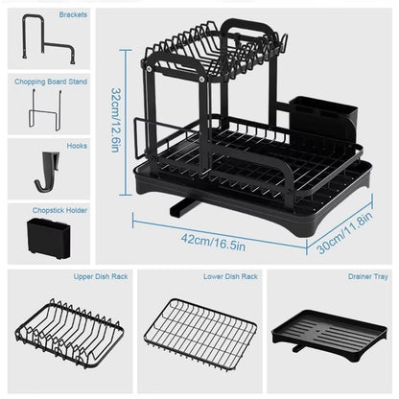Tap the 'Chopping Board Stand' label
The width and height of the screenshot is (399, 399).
[51, 82]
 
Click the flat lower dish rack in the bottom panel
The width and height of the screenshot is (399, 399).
[199, 331]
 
